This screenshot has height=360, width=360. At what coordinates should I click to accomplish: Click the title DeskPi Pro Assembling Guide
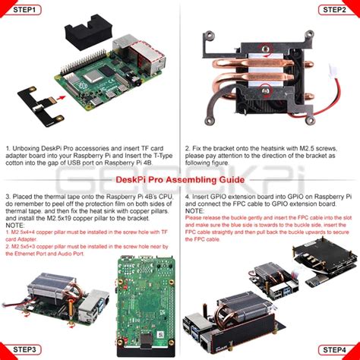click(x=180, y=180)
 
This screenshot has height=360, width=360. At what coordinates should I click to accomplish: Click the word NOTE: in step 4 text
click(x=194, y=210)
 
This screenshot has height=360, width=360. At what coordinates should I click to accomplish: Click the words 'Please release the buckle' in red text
click(x=220, y=217)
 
